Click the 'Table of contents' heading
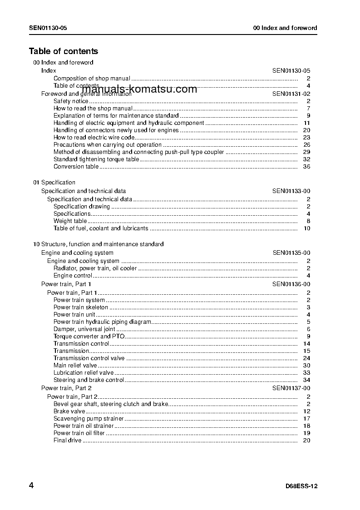(64, 51)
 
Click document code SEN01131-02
(291, 94)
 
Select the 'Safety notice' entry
(71, 101)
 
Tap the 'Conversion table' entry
(76, 167)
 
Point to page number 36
(306, 167)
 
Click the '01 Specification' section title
(54, 183)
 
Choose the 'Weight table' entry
(70, 221)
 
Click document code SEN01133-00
(291, 191)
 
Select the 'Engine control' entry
(73, 276)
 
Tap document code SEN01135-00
(291, 253)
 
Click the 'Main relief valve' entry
(75, 366)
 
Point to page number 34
(306, 380)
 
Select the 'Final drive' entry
(68, 441)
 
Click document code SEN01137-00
(291, 388)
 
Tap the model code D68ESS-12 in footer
(298, 486)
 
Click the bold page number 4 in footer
(31, 485)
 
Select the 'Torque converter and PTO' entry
(89, 337)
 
